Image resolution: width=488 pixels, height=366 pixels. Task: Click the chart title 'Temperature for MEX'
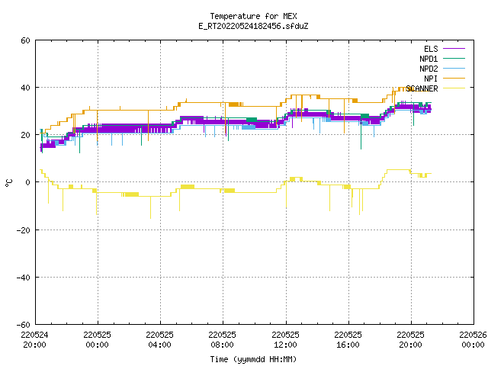253,16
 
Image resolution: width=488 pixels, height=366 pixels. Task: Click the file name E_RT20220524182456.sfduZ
253,26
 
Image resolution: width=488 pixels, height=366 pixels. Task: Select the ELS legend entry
431,49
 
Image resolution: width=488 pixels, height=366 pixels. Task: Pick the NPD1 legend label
429,59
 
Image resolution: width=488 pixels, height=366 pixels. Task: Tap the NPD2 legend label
429,69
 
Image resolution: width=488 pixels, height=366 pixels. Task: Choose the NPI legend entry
431,79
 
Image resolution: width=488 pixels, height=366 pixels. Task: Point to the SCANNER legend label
422,88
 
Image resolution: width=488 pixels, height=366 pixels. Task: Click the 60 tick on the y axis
25,40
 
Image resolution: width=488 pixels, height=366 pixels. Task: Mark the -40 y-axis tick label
24,278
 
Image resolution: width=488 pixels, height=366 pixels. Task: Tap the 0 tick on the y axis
28,182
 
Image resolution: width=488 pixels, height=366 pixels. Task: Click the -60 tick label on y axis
24,325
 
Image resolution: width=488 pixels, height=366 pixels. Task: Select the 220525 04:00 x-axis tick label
159,340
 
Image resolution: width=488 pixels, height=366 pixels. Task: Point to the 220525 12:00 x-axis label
285,340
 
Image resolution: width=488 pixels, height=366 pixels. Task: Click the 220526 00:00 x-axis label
473,340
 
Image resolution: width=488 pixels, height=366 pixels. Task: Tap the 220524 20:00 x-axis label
34,340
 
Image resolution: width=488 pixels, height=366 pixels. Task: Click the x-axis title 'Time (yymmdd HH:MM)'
253,359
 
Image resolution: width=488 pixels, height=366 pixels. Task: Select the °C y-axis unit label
8,183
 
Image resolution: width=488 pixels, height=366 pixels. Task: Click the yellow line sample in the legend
454,88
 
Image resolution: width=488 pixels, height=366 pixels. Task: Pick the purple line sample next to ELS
454,49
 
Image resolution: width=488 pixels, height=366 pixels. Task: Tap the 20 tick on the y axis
25,135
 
